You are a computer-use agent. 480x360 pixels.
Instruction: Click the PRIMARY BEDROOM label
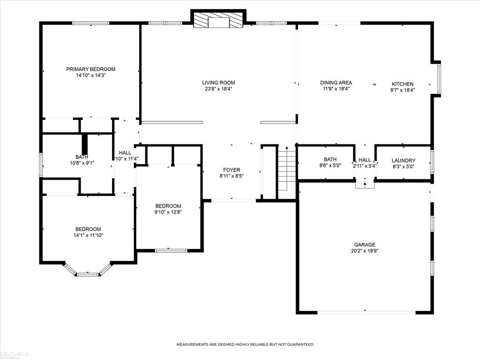tap(90, 69)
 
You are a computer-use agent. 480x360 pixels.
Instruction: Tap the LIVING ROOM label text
tap(218, 82)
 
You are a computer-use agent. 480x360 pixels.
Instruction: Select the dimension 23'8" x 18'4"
tap(218, 89)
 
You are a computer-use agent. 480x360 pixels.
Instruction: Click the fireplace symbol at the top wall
tap(218, 21)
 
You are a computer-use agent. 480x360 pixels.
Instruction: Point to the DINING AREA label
tap(336, 82)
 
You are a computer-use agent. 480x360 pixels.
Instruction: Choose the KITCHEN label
tap(402, 84)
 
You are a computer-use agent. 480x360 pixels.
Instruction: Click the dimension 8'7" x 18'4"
tap(403, 90)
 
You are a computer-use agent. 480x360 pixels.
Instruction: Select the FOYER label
tap(232, 170)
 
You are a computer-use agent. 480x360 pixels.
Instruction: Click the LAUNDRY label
tap(403, 160)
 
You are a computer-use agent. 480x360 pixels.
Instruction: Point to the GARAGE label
tap(364, 245)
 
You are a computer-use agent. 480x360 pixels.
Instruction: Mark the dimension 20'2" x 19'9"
tap(364, 251)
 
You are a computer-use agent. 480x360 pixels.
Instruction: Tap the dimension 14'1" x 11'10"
tap(88, 235)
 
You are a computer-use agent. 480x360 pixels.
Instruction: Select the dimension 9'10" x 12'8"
tap(168, 212)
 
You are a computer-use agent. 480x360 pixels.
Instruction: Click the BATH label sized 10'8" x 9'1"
tap(82, 157)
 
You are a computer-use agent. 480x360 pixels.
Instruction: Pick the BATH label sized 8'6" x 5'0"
tap(330, 159)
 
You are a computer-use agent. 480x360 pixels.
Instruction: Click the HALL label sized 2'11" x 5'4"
tap(365, 159)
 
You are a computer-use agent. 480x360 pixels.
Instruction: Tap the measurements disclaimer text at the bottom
tap(245, 345)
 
